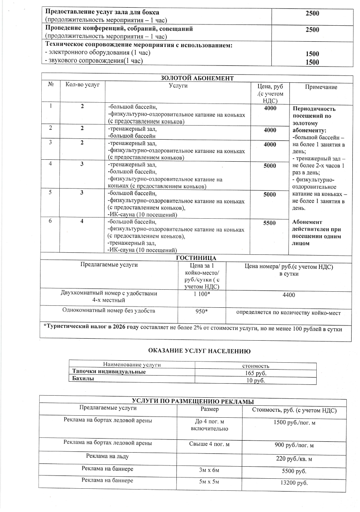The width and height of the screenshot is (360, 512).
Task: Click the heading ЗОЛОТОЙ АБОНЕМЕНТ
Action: click(x=197, y=78)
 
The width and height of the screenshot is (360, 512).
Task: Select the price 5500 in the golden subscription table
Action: click(x=269, y=223)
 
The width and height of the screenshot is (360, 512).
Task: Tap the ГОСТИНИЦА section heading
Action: click(x=196, y=258)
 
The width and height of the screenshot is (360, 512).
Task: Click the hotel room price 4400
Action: click(x=289, y=295)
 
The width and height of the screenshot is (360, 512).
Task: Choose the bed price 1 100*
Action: click(x=201, y=295)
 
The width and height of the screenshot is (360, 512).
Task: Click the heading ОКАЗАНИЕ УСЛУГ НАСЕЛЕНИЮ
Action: click(x=199, y=351)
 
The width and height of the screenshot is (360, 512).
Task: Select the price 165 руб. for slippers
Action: click(x=255, y=373)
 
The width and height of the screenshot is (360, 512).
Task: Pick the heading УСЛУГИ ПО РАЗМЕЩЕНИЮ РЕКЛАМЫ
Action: click(x=193, y=401)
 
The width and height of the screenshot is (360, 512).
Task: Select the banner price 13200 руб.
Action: click(x=294, y=482)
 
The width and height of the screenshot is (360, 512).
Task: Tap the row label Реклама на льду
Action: click(x=108, y=456)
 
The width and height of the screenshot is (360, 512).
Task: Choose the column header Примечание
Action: click(x=321, y=87)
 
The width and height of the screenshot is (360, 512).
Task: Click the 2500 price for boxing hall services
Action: click(x=312, y=13)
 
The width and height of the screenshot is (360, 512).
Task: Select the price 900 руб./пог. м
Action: click(x=294, y=445)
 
